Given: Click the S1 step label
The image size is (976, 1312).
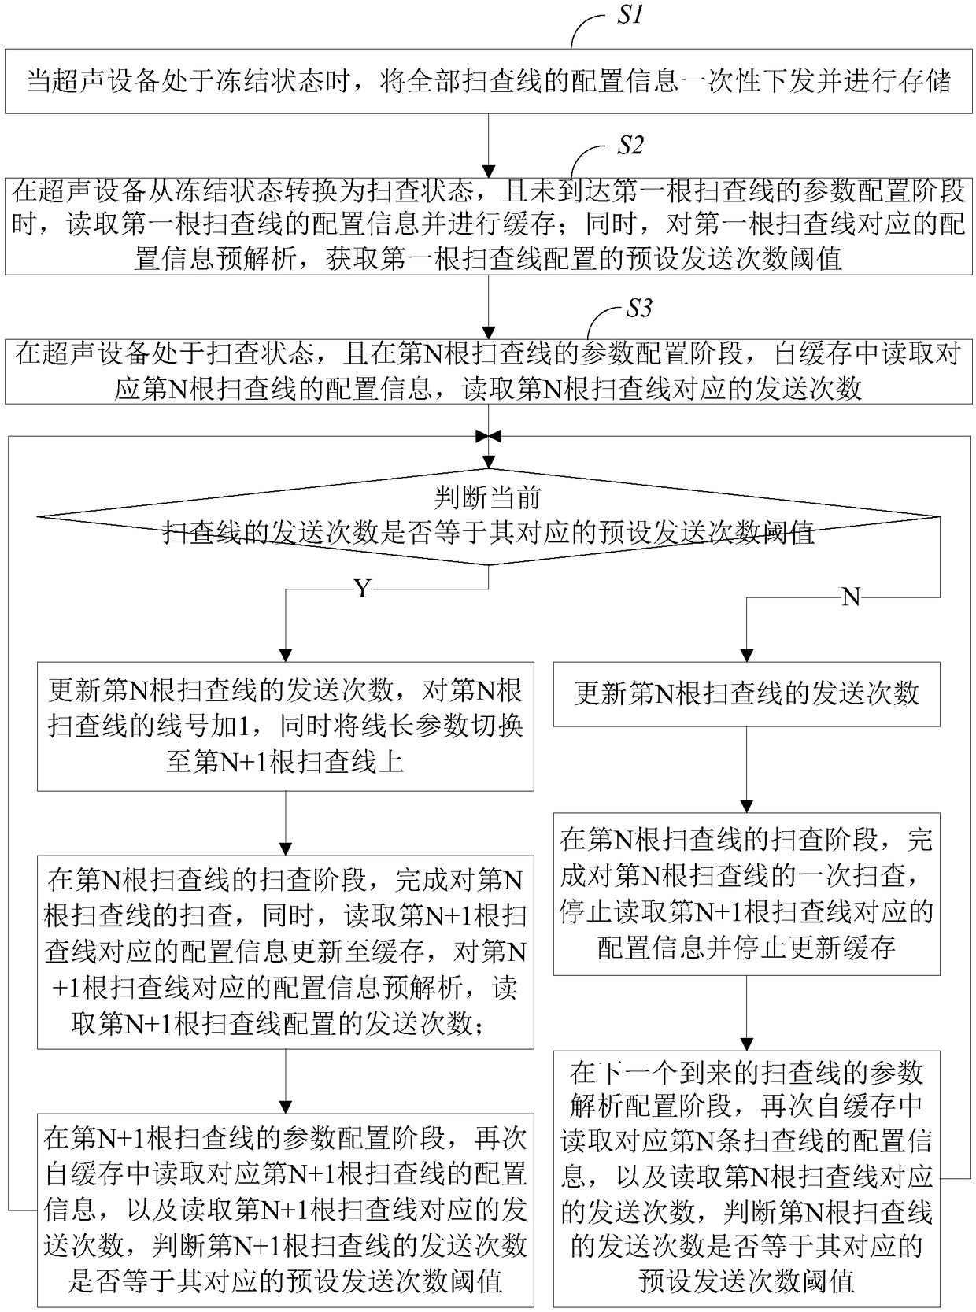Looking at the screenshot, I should coord(628,15).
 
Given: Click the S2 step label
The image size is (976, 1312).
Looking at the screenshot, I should coord(629,145).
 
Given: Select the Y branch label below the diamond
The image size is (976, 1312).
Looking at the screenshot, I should coord(363,589).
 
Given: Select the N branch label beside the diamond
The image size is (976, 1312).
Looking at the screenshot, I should coord(851,597).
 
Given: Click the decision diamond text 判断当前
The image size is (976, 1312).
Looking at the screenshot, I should coord(488,497).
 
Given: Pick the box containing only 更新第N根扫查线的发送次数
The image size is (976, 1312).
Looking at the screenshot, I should coord(747,693).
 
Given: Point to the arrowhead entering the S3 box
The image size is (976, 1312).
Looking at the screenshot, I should coord(489,333).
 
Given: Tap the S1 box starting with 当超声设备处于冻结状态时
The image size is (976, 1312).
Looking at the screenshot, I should coord(489,81).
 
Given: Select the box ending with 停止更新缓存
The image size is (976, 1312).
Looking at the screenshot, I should coord(747,894).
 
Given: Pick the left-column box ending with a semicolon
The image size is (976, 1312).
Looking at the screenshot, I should coord(285,952).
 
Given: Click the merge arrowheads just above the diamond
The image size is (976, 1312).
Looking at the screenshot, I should coord(489,436).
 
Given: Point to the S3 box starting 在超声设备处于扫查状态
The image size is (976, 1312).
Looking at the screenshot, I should coord(489,371).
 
